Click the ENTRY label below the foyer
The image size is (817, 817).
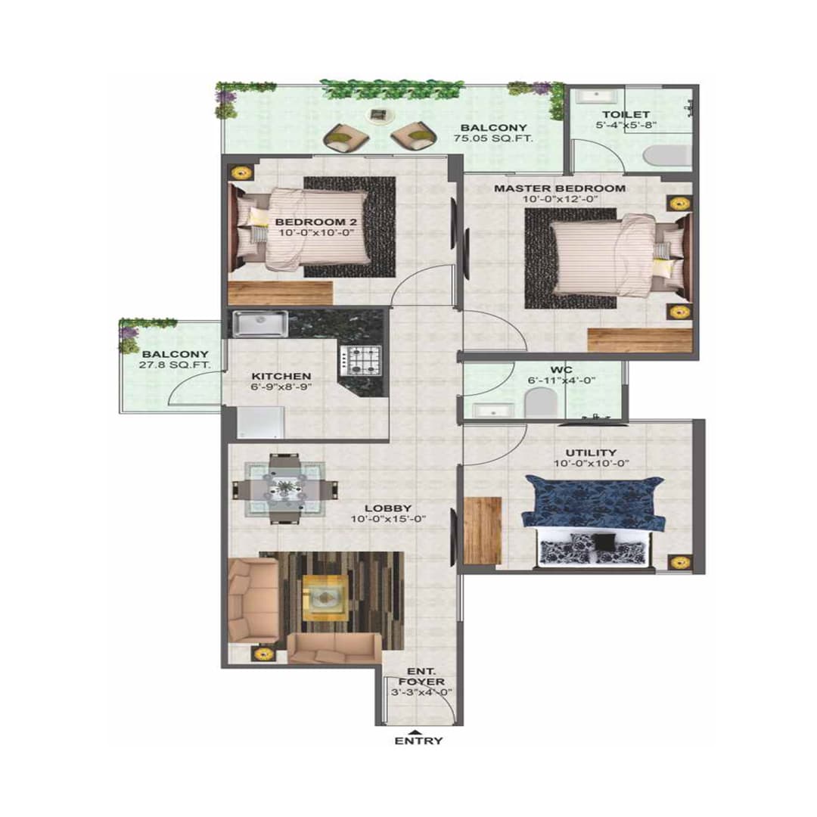pos(418,741)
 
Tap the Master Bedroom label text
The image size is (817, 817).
pos(560,188)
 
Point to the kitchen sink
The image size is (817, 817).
pos(258,324)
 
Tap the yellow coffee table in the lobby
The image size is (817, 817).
pos(325,598)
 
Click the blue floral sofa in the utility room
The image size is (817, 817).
pos(595,502)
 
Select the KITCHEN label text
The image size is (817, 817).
pos(281,376)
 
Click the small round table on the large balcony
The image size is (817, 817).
pos(377,115)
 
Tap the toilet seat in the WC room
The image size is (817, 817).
pos(541,402)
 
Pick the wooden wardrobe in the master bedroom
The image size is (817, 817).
pos(640,340)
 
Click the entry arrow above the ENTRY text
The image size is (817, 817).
pos(415,731)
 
